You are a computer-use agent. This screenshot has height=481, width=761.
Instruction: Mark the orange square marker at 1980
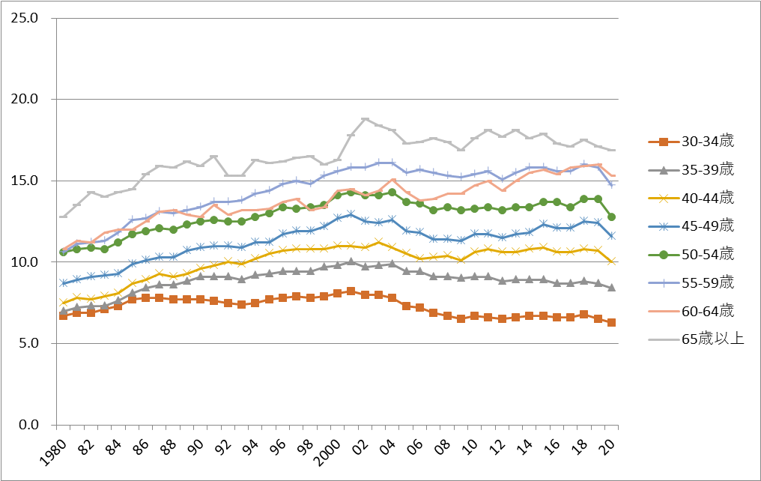(x=63, y=315)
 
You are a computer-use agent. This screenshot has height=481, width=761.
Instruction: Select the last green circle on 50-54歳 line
(x=611, y=217)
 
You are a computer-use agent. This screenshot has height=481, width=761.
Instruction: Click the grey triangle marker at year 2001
(x=351, y=261)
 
